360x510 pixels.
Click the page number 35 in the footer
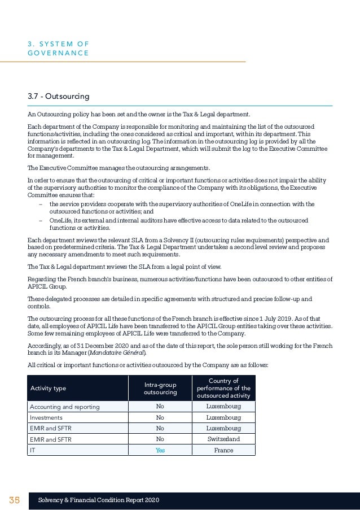pyautogui.click(x=14, y=500)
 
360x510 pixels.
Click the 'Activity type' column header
pyautogui.click(x=48, y=388)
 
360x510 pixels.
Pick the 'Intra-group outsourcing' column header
pyautogui.click(x=160, y=388)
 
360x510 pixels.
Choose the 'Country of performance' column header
pyautogui.click(x=223, y=388)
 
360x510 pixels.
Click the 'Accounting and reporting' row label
pyautogui.click(x=64, y=407)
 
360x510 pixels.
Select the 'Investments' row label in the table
pyautogui.click(x=46, y=417)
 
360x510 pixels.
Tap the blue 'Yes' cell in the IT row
pyautogui.click(x=160, y=450)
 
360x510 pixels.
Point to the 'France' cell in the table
pyautogui.click(x=223, y=450)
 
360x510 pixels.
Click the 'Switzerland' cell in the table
pyautogui.click(x=223, y=439)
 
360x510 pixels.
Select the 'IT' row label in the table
pyautogui.click(x=32, y=450)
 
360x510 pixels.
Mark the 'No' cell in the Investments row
pyautogui.click(x=160, y=417)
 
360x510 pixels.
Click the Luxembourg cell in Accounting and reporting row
pyautogui.click(x=223, y=407)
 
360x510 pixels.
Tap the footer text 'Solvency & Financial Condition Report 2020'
pyautogui.click(x=99, y=500)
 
